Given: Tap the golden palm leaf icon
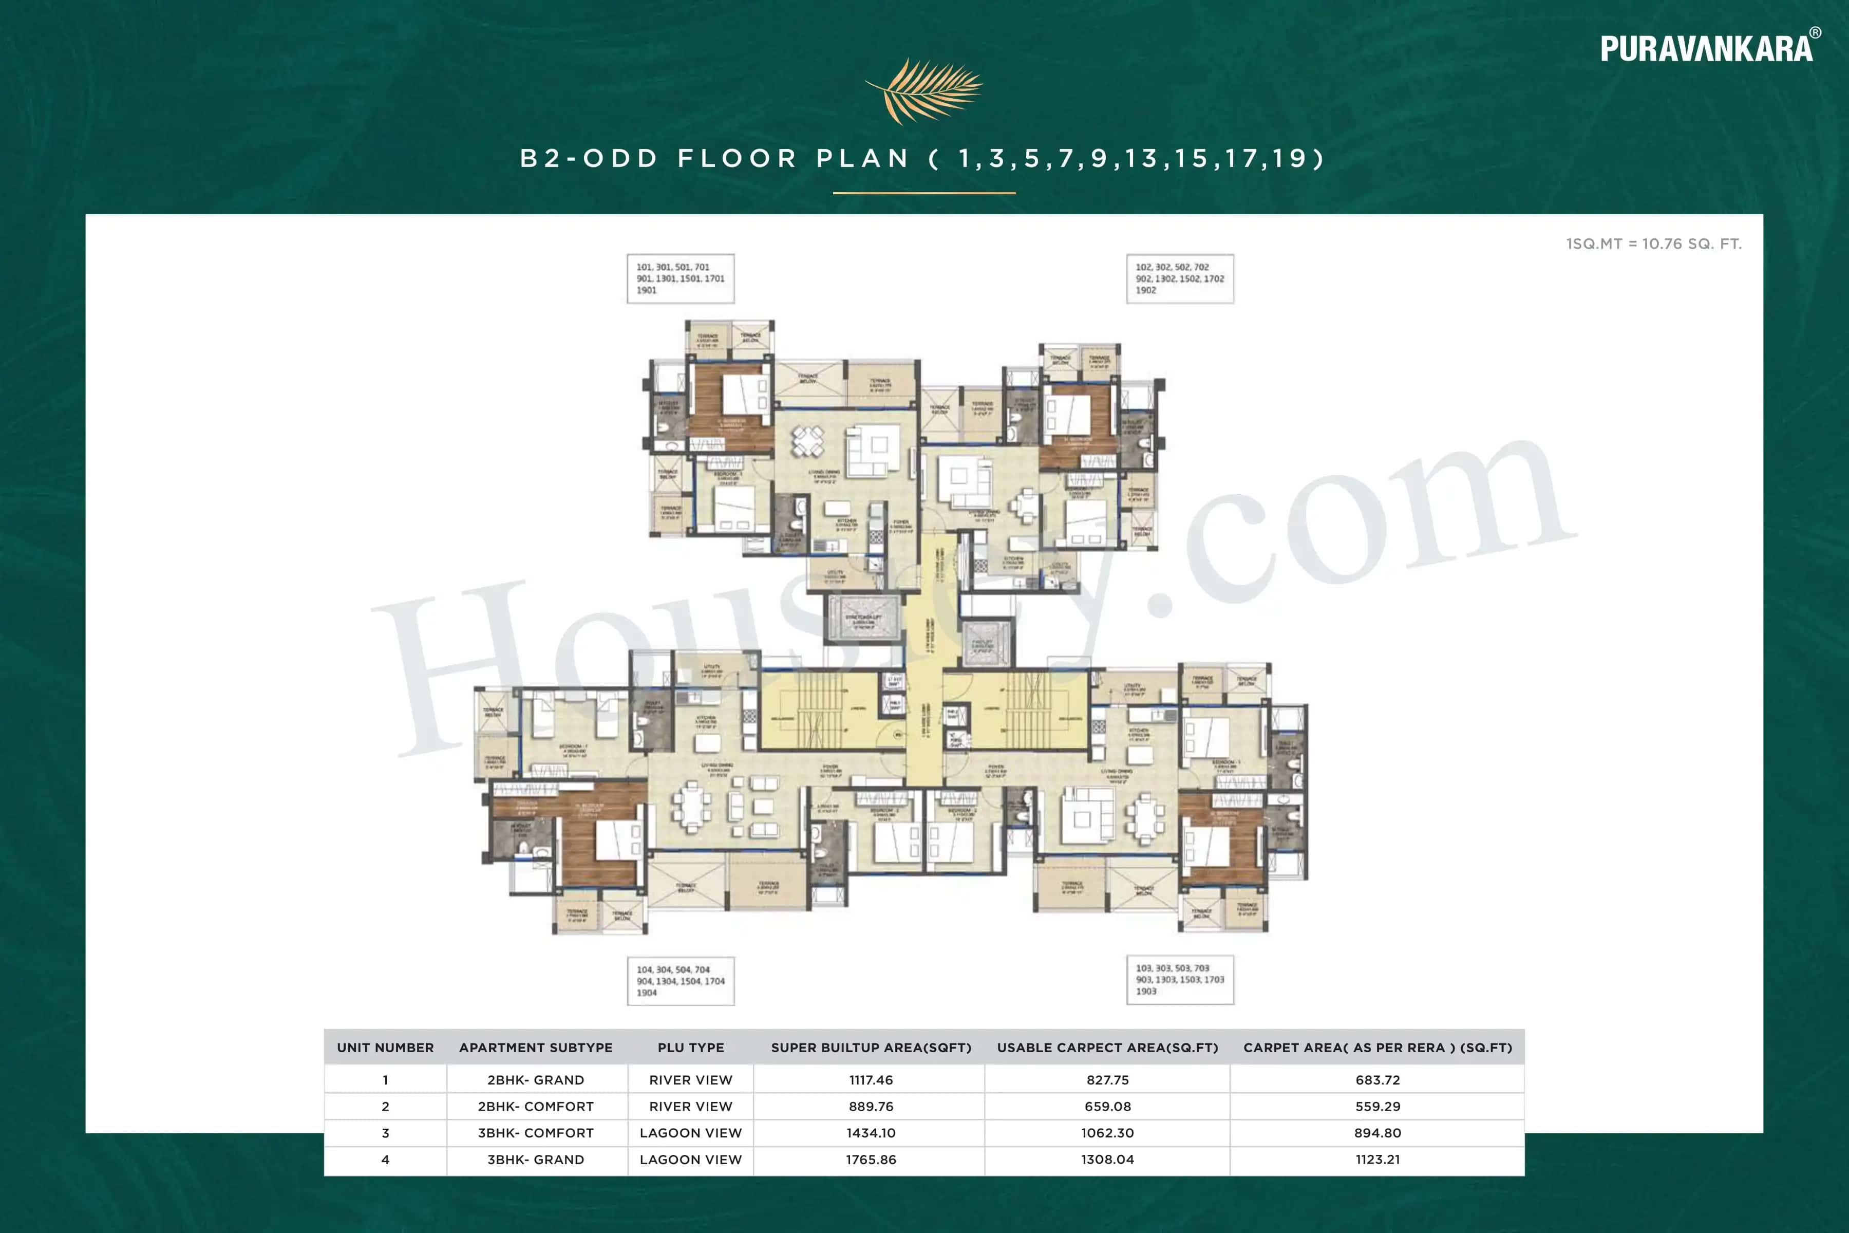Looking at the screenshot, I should coord(923,90).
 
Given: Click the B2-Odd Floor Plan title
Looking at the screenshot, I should coord(923,159).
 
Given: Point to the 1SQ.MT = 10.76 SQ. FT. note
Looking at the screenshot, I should coord(1653,244).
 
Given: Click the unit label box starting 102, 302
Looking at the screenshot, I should coord(1179,278).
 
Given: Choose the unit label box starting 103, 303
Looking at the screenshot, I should coord(1179,979).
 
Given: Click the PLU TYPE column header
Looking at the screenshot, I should coord(690,1048).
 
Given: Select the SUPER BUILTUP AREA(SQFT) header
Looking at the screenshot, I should coord(871,1048).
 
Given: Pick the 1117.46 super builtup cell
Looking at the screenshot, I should coord(871,1080).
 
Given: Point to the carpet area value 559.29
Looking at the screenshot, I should coord(1378,1107).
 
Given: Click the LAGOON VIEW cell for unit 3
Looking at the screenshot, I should coord(690,1132).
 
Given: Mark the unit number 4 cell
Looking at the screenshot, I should coord(385,1159).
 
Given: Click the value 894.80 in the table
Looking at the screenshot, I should coord(1378,1132).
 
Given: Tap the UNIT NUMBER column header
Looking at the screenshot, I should coord(385,1048).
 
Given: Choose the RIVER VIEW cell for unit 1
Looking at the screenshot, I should coord(690,1080).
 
